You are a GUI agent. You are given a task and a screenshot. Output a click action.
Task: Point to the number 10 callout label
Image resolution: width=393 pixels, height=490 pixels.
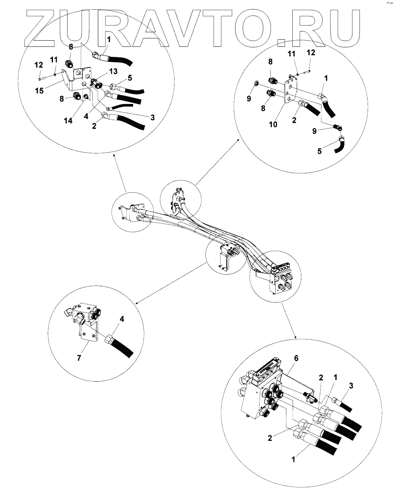273,124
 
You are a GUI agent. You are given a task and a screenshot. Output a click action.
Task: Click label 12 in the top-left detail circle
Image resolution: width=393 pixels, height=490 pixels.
38,65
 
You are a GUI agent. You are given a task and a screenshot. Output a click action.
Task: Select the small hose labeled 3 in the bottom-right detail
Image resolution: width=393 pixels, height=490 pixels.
343,404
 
